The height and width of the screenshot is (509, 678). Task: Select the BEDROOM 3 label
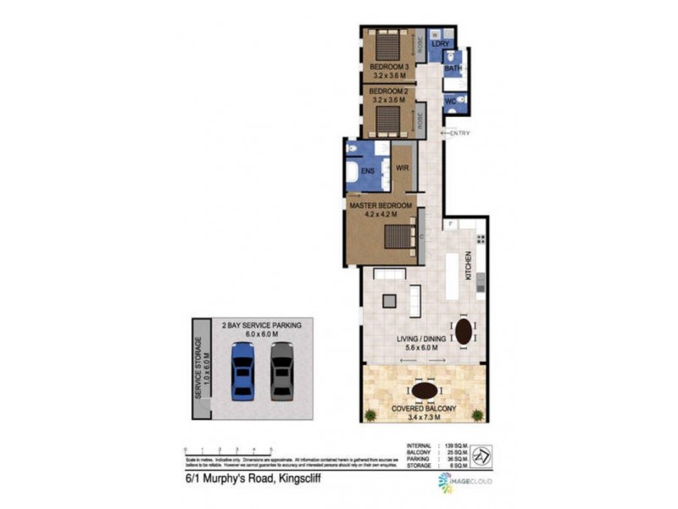coord(389,67)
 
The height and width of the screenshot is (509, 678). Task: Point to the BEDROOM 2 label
coord(389,91)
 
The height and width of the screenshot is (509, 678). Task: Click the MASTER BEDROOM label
coord(381,205)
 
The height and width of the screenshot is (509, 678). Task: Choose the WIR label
coord(403,168)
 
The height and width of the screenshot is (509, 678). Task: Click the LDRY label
coord(441,44)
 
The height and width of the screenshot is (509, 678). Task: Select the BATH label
coord(453,69)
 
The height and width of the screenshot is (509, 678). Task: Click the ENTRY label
coord(460,133)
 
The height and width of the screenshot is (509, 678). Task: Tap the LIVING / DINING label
coord(421,341)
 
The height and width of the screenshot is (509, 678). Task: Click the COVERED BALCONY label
coord(424,409)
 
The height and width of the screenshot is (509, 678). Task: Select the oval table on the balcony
coord(424,390)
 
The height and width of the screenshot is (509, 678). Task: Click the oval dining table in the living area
coord(464,330)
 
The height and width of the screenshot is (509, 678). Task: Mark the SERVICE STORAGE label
coord(198,368)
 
